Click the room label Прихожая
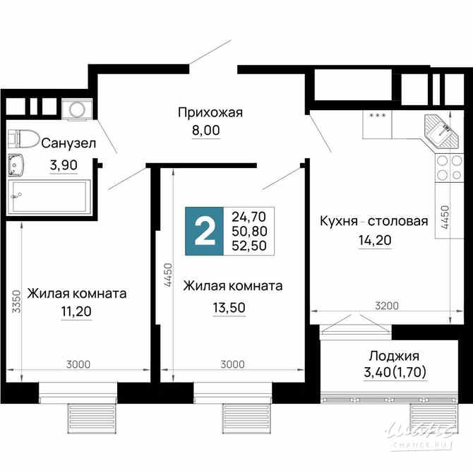pyautogui.click(x=210, y=112)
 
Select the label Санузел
pyautogui.click(x=68, y=144)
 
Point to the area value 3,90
pyautogui.click(x=64, y=165)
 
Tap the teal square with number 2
pyautogui.click(x=204, y=232)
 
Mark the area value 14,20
pyautogui.click(x=374, y=240)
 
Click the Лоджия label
pyautogui.click(x=385, y=356)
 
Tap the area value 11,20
pyautogui.click(x=77, y=311)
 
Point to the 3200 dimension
pyautogui.click(x=387, y=306)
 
